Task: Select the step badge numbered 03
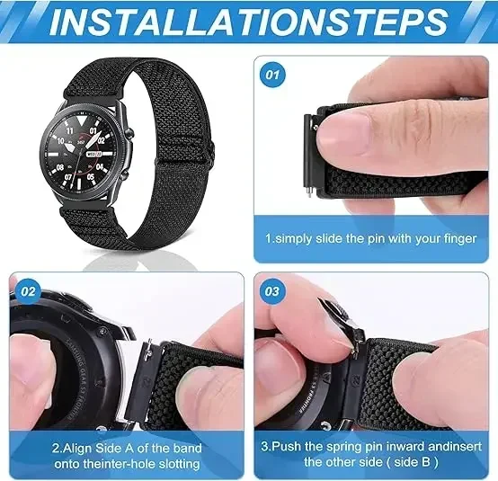pyautogui.click(x=272, y=291)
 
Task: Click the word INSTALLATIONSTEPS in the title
pyautogui.click(x=248, y=22)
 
